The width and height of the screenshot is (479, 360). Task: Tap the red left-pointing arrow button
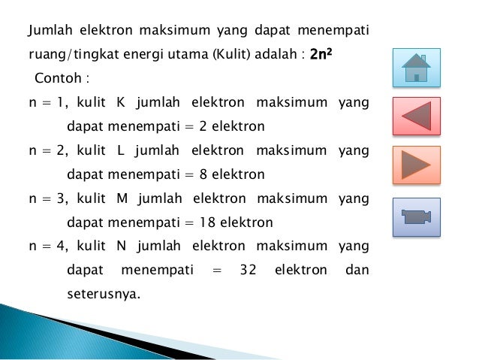pos(416,116)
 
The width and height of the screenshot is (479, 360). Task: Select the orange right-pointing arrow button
pos(416,165)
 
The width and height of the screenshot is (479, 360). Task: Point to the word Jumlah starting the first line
pos(47,31)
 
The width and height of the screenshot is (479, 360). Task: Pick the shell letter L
pos(121,150)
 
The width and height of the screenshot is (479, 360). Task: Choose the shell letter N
pos(122,247)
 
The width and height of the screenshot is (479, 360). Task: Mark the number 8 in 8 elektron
pos(203,174)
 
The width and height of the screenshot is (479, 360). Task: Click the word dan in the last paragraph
pos(357,271)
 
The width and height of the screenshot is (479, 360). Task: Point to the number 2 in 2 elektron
pos(203,126)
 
